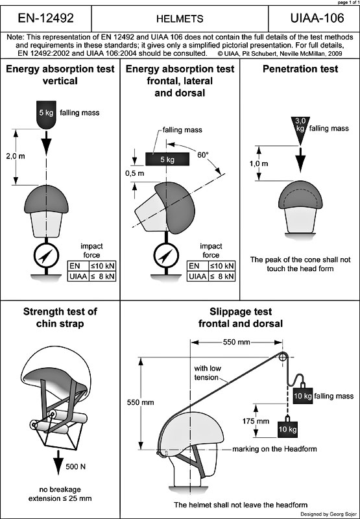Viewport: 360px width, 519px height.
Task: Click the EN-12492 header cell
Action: (x=45, y=18)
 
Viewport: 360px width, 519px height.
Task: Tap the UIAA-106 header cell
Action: (x=314, y=18)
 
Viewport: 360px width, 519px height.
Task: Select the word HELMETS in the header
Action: (x=180, y=19)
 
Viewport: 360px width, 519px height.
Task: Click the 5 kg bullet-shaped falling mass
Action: (x=46, y=115)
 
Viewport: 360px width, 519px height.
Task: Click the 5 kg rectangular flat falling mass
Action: (x=167, y=159)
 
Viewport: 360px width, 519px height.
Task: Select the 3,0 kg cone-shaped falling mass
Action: (x=300, y=129)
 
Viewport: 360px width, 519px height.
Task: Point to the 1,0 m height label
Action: (x=259, y=163)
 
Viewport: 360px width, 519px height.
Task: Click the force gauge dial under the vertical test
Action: (x=46, y=255)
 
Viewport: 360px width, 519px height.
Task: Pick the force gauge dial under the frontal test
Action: (x=166, y=255)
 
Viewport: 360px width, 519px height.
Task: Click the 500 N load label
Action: (x=76, y=466)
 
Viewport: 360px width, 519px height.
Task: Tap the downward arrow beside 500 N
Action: (x=58, y=463)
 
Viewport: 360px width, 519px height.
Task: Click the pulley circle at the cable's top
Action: (x=283, y=357)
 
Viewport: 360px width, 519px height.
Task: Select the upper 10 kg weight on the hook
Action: (x=303, y=394)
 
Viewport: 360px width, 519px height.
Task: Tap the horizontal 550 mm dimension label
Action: (x=237, y=343)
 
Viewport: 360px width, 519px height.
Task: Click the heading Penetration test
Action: (x=300, y=69)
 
